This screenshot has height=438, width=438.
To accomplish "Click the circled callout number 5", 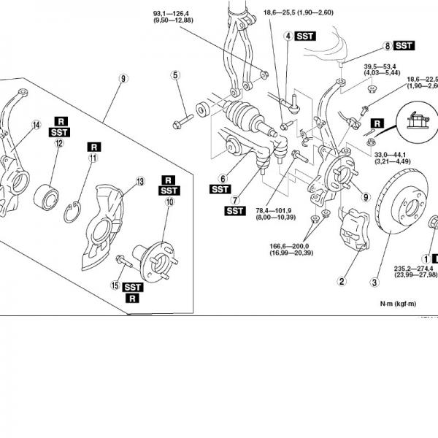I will click(176, 75).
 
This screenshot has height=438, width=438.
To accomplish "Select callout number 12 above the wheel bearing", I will click(58, 144).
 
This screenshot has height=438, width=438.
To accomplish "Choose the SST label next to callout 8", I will click(404, 45).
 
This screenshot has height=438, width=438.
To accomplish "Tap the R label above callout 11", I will click(94, 146).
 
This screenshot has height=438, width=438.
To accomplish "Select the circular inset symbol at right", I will click(419, 120).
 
